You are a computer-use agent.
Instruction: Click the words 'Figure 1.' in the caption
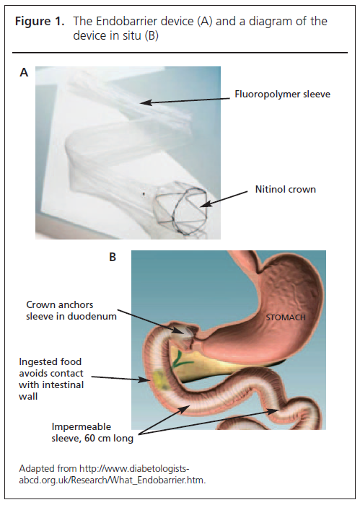[x=40, y=22]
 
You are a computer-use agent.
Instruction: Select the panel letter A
[x=24, y=72]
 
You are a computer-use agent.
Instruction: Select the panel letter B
[x=113, y=257]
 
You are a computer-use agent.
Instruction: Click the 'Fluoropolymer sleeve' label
[x=282, y=94]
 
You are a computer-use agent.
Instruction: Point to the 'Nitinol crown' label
[x=285, y=189]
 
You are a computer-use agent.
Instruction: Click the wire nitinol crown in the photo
[x=181, y=208]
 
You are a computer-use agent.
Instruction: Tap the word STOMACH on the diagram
[x=286, y=317]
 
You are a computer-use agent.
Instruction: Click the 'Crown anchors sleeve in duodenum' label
[x=71, y=310]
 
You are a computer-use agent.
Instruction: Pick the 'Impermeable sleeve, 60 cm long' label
[x=92, y=433]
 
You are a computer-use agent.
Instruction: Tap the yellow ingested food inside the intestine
[x=160, y=380]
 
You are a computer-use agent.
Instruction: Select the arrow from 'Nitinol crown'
[x=224, y=198]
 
